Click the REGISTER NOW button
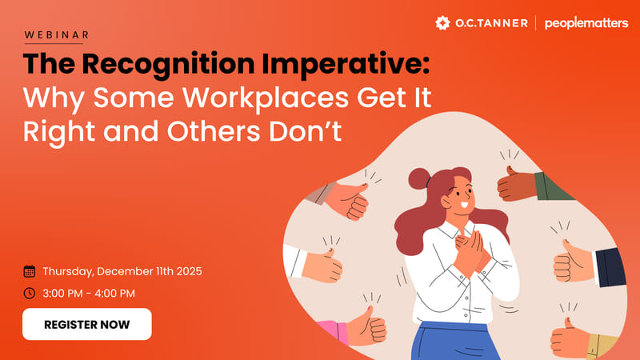[86, 324]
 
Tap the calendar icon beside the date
[30, 271]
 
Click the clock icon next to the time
[30, 293]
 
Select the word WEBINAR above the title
[57, 35]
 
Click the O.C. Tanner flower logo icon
[442, 22]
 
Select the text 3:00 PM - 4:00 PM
[89, 293]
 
